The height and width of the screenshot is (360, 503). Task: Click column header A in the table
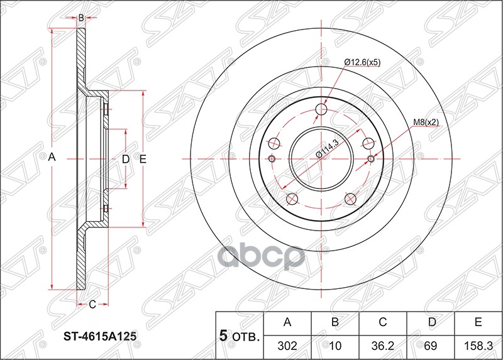pos(287,323)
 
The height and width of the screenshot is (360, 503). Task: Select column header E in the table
pos(478,323)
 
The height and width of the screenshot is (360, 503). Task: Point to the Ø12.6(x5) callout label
pos(362,62)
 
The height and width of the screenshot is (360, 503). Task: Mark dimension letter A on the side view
pos(53,159)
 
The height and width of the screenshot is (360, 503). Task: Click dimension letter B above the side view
pos(81,18)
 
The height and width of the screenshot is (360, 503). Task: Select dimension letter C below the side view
pos(92,305)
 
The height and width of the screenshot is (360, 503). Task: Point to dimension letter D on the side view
pos(125,160)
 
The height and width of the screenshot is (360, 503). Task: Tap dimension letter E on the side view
pos(143,160)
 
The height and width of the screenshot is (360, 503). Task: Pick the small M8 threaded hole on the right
pos(370,158)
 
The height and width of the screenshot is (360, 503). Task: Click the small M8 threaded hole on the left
pos(272,158)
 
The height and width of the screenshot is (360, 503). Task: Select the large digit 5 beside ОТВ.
pos(223,336)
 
